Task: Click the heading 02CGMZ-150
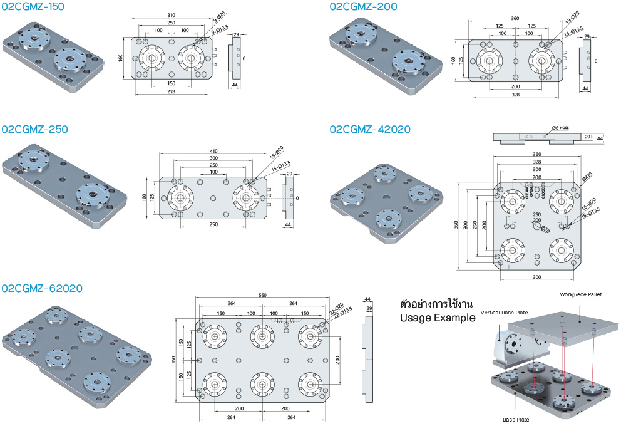[33, 7]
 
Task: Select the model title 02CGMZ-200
[363, 7]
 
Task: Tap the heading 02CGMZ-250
[34, 129]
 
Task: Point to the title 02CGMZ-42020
[370, 129]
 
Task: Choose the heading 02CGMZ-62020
[42, 288]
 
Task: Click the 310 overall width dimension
[171, 15]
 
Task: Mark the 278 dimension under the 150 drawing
[171, 91]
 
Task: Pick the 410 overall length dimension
[214, 151]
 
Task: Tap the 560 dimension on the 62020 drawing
[263, 296]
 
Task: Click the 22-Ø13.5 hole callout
[344, 311]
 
